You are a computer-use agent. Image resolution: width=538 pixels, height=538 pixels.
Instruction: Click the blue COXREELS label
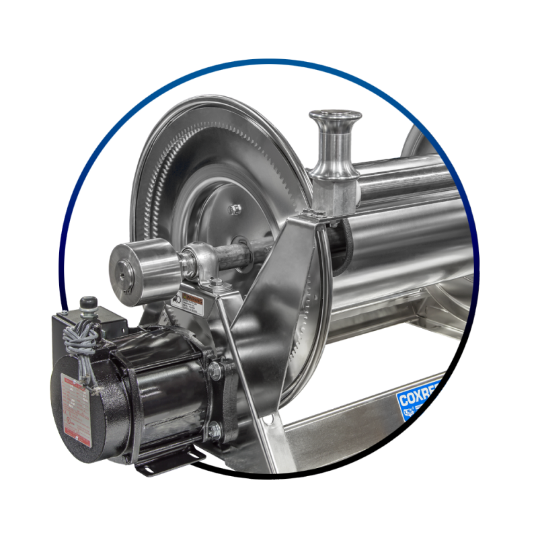(418, 400)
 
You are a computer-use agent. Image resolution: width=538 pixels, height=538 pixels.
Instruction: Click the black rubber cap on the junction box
(88, 306)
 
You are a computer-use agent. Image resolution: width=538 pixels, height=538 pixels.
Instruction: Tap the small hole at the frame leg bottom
(271, 422)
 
